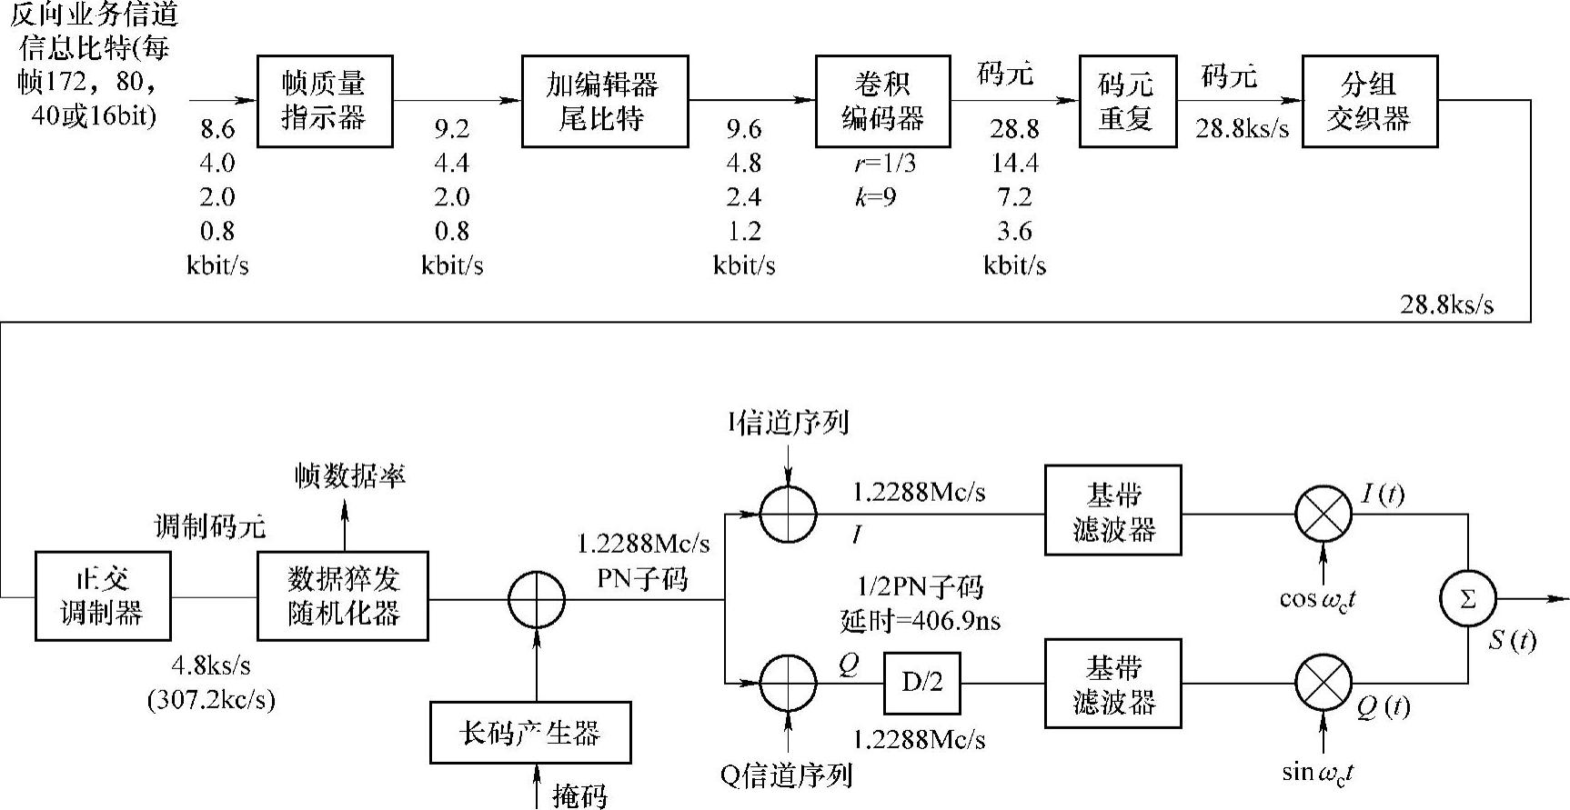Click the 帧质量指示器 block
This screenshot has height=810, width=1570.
pyautogui.click(x=324, y=101)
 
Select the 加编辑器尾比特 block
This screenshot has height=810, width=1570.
pyautogui.click(x=604, y=101)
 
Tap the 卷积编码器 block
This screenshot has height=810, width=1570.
pyautogui.click(x=882, y=101)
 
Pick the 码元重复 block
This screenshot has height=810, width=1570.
pyautogui.click(x=1126, y=101)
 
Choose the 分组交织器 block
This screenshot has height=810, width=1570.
pyautogui.click(x=1369, y=101)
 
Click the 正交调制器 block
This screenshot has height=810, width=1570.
pyautogui.click(x=103, y=595)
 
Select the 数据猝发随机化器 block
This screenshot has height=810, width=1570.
pyautogui.click(x=343, y=595)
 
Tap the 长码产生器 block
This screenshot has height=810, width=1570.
pyautogui.click(x=530, y=733)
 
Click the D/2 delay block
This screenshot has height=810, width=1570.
pyautogui.click(x=922, y=683)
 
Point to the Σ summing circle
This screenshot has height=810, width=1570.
pyautogui.click(x=1467, y=599)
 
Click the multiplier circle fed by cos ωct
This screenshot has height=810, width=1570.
pyautogui.click(x=1323, y=514)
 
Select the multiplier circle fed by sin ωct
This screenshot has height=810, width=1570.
pyautogui.click(x=1323, y=683)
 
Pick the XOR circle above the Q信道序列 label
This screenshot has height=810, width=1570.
pyautogui.click(x=789, y=683)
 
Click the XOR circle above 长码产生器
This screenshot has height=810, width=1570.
pyautogui.click(x=537, y=600)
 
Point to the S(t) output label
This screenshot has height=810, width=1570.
pyautogui.click(x=1512, y=640)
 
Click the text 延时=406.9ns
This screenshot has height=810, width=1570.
pyautogui.click(x=920, y=621)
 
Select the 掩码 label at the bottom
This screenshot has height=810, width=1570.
pyautogui.click(x=579, y=795)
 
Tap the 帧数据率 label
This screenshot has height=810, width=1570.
pyautogui.click(x=350, y=475)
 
